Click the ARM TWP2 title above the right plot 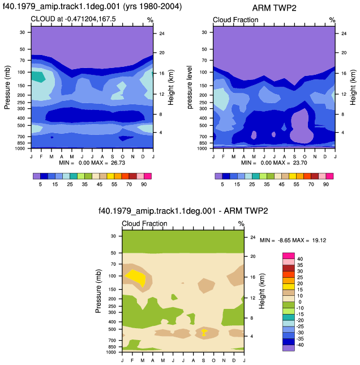click(274, 8)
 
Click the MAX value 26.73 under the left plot click(118, 163)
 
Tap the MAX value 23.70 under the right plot click(300, 163)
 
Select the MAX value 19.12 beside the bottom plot click(319, 240)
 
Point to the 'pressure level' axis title click(190, 87)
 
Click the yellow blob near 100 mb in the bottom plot click(136, 277)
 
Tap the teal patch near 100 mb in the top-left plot click(37, 77)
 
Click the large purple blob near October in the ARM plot click(300, 126)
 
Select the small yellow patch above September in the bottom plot click(204, 332)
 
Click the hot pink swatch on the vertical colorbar click(289, 256)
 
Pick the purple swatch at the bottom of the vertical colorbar click(289, 348)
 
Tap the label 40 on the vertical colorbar click(300, 259)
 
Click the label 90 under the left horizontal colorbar click(144, 184)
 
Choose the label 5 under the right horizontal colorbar click(222, 184)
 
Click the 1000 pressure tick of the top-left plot click(20, 148)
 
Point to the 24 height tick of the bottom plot click(253, 237)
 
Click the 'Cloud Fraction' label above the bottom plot click(144, 223)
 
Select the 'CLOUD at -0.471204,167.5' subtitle click(73, 19)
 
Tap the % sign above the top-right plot click(332, 20)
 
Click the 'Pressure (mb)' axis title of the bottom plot click(98, 291)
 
